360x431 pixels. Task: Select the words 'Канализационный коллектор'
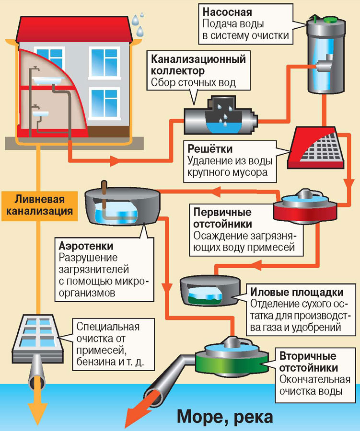point(198,66)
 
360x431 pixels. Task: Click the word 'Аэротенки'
point(86,246)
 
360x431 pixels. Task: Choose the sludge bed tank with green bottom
point(210,290)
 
